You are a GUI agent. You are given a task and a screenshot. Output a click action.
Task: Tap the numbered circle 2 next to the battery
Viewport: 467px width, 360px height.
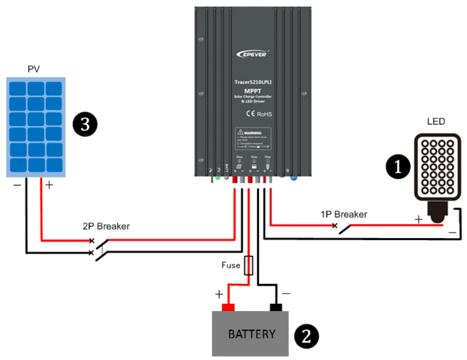click(x=306, y=336)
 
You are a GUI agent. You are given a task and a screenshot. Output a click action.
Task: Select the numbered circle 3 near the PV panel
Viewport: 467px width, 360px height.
click(x=85, y=125)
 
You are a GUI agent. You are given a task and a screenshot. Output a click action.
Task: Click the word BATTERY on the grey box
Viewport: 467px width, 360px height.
click(x=251, y=334)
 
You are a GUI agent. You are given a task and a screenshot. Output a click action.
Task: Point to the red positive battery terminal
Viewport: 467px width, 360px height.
click(x=228, y=308)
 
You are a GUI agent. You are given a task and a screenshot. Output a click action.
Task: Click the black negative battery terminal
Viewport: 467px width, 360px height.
click(x=276, y=308)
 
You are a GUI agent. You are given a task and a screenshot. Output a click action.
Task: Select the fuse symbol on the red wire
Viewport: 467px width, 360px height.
click(x=249, y=266)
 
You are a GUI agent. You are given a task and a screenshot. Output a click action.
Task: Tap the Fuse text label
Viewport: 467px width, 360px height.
click(x=231, y=265)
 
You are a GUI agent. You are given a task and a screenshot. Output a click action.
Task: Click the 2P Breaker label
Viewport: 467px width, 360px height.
click(x=106, y=226)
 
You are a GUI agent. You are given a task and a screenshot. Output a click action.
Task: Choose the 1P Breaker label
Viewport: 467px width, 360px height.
click(x=343, y=214)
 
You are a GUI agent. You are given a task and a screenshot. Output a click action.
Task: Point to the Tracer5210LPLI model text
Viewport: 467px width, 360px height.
click(x=253, y=82)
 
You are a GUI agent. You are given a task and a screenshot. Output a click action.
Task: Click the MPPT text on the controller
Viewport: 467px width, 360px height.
click(x=253, y=90)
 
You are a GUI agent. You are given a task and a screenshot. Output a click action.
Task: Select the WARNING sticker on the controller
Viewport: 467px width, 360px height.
click(x=253, y=139)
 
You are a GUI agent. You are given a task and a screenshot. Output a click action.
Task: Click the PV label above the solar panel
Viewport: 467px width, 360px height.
click(x=34, y=69)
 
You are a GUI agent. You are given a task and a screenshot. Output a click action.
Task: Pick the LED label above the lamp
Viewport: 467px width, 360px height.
click(x=436, y=122)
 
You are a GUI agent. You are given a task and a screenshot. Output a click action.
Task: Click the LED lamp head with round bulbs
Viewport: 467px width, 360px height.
click(x=437, y=167)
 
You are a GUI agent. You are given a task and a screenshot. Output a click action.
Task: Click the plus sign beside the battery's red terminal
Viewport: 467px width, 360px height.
click(x=219, y=294)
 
